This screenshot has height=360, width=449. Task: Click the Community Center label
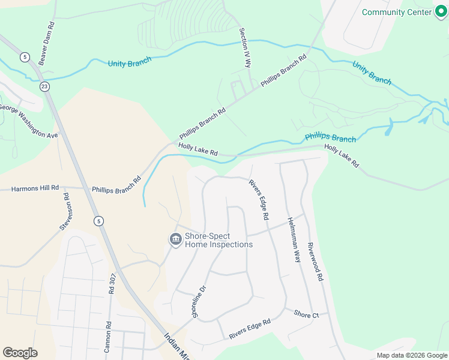pos(397,12)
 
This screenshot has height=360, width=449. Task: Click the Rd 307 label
pos(112,283)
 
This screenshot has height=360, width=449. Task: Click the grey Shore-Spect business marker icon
pos(175,240)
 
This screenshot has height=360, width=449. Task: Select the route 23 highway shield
pos(45,86)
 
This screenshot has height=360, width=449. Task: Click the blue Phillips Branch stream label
pos(330,138)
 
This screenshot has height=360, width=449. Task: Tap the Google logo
pos(20,353)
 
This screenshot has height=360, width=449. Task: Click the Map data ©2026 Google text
pos(411,355)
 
